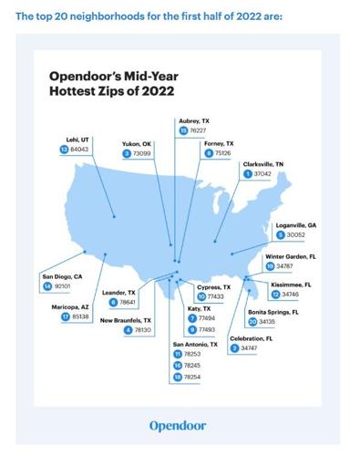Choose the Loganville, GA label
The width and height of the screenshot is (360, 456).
[x=296, y=224]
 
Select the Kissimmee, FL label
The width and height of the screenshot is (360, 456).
[x=291, y=285]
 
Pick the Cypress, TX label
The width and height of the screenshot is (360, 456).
[x=214, y=286]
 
